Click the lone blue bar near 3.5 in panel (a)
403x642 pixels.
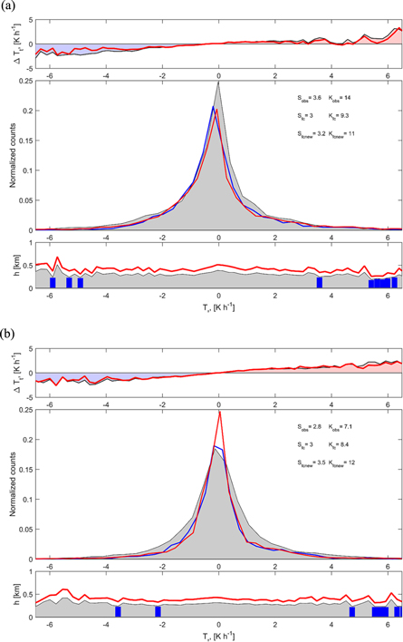point(320,283)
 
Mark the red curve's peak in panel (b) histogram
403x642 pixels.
point(219,413)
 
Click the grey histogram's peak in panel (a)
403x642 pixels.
point(218,83)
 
